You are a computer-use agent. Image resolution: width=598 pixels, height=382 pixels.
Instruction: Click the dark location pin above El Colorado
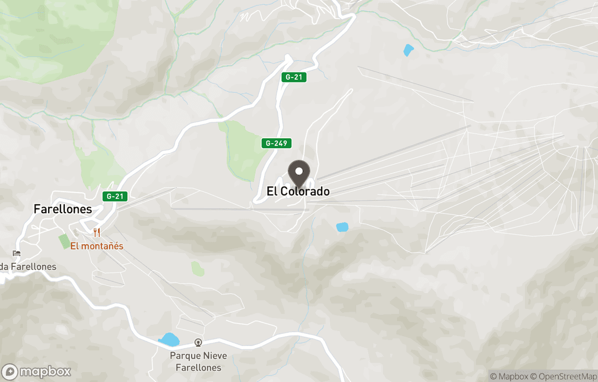coord(300,172)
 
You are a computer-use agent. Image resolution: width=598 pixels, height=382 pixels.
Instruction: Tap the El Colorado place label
coord(298,192)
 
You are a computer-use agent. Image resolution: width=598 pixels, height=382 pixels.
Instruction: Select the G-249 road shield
coord(276,143)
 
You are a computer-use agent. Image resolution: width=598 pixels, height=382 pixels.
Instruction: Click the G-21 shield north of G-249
coord(293,78)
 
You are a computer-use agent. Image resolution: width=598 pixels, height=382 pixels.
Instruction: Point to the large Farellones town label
coord(63,209)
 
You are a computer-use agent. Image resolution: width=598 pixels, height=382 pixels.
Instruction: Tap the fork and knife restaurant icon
coord(97,233)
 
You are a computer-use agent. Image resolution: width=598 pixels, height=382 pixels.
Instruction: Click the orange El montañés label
coord(96,246)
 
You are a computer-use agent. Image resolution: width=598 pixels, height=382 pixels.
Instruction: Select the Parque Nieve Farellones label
coord(198,362)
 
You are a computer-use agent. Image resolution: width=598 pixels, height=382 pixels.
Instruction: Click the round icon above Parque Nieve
coord(198,343)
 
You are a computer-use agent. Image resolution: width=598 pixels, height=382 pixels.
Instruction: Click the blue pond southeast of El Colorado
coord(342,227)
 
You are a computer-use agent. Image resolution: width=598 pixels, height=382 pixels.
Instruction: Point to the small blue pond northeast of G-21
coord(409,50)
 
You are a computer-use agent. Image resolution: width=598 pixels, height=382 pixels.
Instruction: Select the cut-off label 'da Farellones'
coord(28,267)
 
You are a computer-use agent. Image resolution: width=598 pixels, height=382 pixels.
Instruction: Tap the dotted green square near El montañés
coord(65,241)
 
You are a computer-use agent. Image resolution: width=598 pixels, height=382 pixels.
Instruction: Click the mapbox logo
coord(37,371)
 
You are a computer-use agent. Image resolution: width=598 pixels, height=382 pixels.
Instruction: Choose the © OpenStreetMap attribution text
coord(563,376)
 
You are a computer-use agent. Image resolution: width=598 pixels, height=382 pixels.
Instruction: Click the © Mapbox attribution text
coord(509,376)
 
